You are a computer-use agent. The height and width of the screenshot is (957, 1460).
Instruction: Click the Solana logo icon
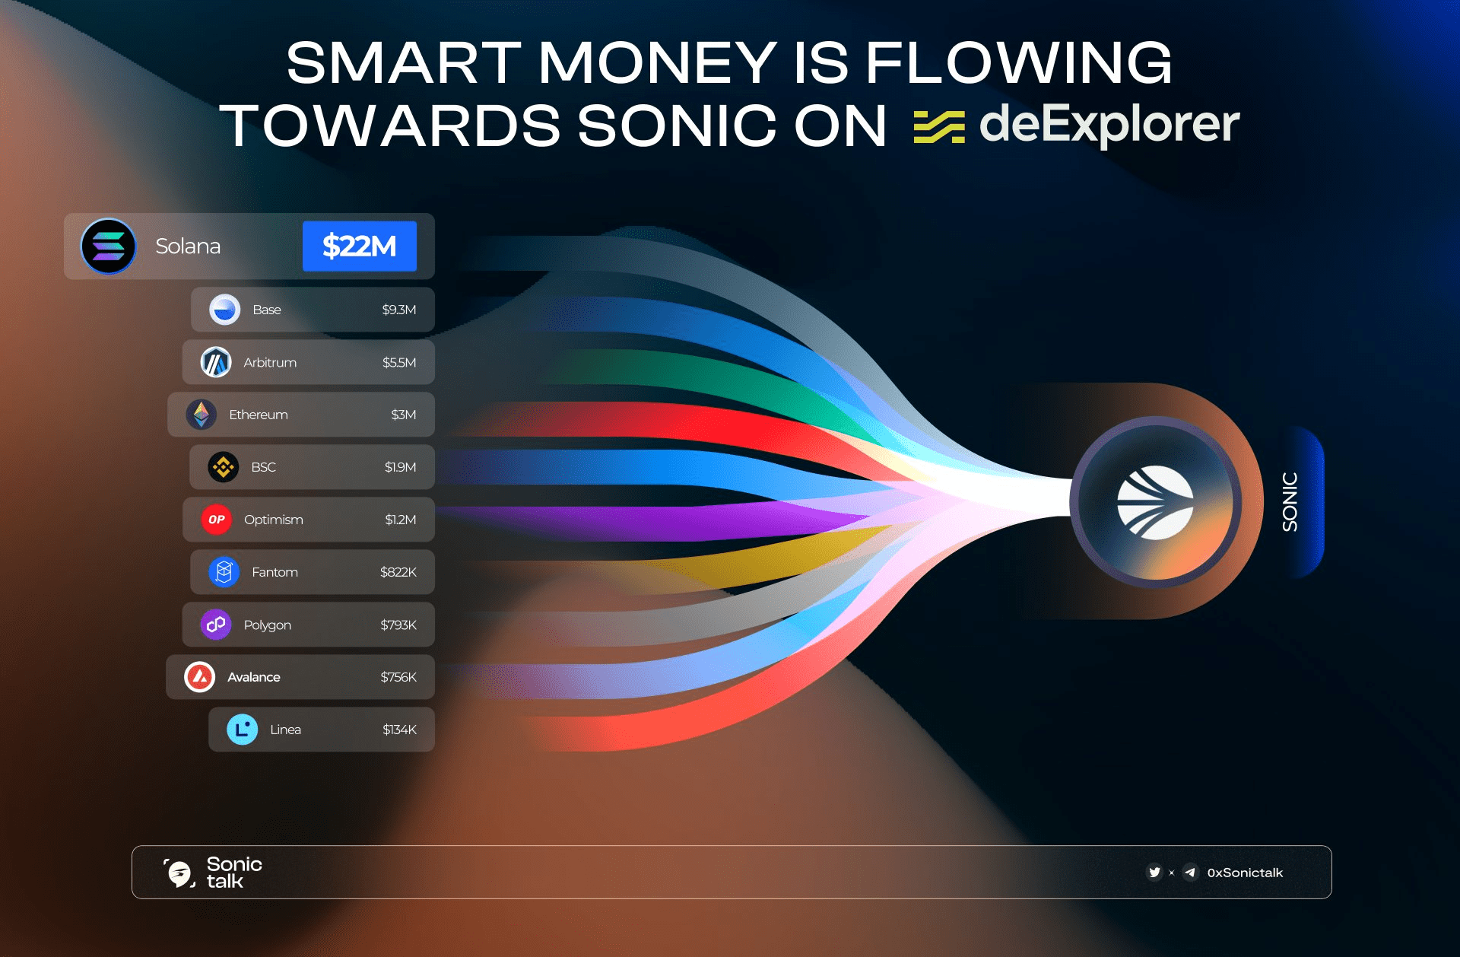click(x=109, y=246)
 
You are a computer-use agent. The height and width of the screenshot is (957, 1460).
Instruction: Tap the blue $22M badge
click(x=360, y=246)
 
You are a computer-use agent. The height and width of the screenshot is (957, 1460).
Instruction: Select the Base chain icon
click(x=224, y=310)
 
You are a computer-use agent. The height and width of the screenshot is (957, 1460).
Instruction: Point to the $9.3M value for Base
click(x=398, y=310)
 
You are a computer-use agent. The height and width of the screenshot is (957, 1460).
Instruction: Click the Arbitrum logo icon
click(x=216, y=362)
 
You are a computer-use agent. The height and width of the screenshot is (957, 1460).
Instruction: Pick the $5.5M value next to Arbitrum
click(x=398, y=362)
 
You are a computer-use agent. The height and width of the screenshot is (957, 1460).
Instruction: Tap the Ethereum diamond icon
click(x=202, y=415)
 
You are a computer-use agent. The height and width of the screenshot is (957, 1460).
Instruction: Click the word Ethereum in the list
click(x=259, y=415)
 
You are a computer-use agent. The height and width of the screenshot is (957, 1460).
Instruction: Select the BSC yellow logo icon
click(x=224, y=467)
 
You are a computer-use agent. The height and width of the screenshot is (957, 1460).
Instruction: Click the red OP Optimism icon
click(x=217, y=520)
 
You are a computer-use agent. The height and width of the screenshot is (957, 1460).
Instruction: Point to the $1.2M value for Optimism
click(x=400, y=520)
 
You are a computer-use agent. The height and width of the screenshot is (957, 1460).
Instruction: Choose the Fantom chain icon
click(x=224, y=572)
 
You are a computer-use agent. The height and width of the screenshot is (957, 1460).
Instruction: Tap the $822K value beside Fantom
click(x=398, y=572)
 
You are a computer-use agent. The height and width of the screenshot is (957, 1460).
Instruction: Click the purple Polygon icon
click(x=216, y=625)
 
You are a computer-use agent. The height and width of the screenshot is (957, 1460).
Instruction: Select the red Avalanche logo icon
click(x=200, y=677)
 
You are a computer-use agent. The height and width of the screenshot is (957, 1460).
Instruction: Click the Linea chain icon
click(x=243, y=730)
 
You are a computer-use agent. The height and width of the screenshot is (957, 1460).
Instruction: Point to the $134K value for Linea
click(x=399, y=730)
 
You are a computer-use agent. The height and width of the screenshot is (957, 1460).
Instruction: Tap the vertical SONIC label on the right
click(x=1290, y=502)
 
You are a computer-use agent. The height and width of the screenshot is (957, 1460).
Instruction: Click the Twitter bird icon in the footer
click(x=1154, y=873)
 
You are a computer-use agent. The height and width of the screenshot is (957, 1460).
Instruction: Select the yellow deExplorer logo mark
click(x=939, y=126)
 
